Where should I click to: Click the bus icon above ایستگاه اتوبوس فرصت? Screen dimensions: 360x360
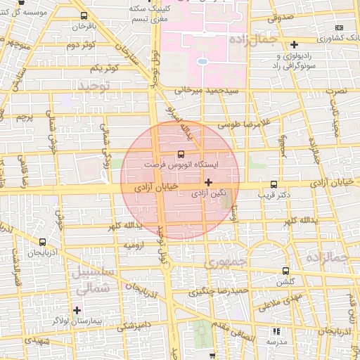pyautogui.click(x=181, y=153)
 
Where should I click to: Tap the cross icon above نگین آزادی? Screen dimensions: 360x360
pyautogui.click(x=208, y=183)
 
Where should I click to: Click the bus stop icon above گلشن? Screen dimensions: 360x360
pyautogui.click(x=285, y=271)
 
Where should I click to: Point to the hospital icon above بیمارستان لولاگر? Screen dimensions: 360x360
pyautogui.click(x=77, y=309)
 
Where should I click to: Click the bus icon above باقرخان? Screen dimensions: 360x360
pyautogui.click(x=84, y=15)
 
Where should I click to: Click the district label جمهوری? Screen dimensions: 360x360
pyautogui.click(x=224, y=262)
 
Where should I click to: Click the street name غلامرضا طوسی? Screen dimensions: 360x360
pyautogui.click(x=243, y=123)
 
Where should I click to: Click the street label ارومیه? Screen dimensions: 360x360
pyautogui.click(x=134, y=245)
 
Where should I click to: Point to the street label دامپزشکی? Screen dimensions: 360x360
pyautogui.click(x=133, y=326)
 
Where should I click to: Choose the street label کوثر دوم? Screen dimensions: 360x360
pyautogui.click(x=81, y=45)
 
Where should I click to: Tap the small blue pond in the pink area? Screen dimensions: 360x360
pyautogui.click(x=202, y=61)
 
